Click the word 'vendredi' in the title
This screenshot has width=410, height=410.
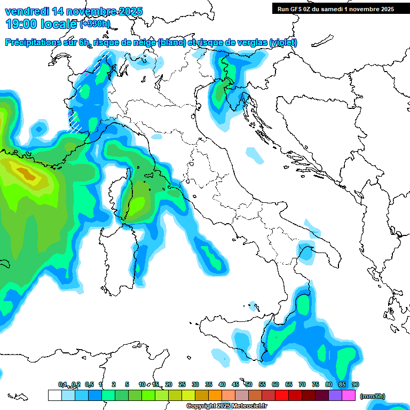click(26, 11)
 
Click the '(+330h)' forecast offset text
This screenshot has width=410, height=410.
click(96, 24)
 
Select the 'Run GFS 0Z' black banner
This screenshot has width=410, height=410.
click(335, 9)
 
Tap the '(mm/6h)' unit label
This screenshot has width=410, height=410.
click(373, 396)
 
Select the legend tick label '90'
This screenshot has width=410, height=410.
click(356, 384)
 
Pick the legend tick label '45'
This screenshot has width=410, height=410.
click(235, 384)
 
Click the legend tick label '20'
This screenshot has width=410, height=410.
click(169, 384)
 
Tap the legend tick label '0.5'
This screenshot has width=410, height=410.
click(89, 384)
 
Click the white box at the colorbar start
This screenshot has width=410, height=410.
click(54, 395)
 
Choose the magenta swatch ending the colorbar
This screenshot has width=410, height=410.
click(349, 395)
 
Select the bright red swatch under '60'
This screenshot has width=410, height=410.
click(282, 395)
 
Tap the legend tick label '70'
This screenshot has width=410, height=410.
click(302, 384)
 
